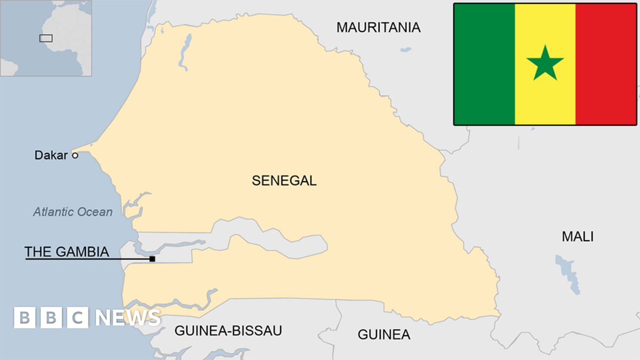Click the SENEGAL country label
click(x=284, y=180)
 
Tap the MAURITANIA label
click(x=378, y=27)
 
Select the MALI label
click(x=577, y=236)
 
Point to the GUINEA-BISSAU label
click(x=228, y=331)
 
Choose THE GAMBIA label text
click(x=67, y=252)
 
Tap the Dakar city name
click(x=51, y=155)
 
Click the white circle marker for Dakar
click(x=75, y=155)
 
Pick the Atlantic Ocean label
click(x=73, y=212)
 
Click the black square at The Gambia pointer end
click(x=152, y=259)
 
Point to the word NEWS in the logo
click(x=128, y=318)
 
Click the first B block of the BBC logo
click(x=25, y=318)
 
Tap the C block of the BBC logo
click(x=78, y=318)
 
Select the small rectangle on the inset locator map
click(x=46, y=38)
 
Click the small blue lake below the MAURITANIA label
click(x=406, y=50)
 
